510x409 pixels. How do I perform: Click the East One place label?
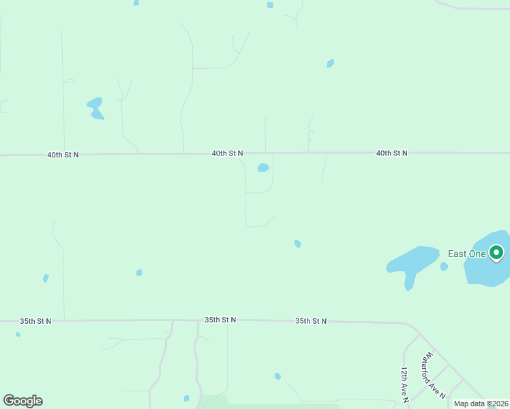pyautogui.click(x=466, y=254)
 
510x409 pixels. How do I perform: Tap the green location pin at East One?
pyautogui.click(x=497, y=254)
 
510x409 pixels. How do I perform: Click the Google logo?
pyautogui.click(x=23, y=401)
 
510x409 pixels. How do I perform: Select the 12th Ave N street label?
pyautogui.click(x=404, y=383)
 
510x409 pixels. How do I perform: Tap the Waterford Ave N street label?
pyautogui.click(x=433, y=376)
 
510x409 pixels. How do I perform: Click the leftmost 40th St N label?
pyautogui.click(x=63, y=155)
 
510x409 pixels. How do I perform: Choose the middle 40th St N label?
pyautogui.click(x=227, y=154)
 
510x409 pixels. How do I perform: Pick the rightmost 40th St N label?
pyautogui.click(x=391, y=153)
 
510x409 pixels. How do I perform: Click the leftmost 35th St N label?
pyautogui.click(x=35, y=321)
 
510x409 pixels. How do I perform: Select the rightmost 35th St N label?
pyautogui.click(x=311, y=321)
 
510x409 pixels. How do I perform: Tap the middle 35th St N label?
pyautogui.click(x=220, y=320)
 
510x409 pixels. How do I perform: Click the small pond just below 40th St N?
pyautogui.click(x=263, y=168)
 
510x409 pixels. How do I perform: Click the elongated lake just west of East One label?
pyautogui.click(x=413, y=262)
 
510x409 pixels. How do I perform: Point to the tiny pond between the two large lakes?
pyautogui.click(x=444, y=267)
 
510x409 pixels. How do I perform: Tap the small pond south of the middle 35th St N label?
pyautogui.click(x=277, y=376)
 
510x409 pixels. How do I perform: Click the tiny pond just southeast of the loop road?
pyautogui.click(x=297, y=243)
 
